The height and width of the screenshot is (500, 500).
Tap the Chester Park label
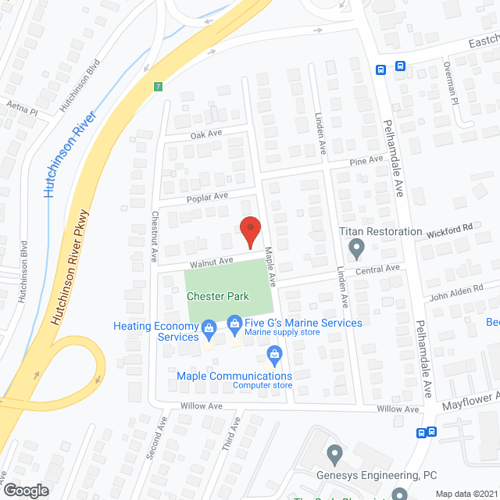(x=218, y=296)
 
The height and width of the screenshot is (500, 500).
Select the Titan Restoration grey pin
(x=357, y=248)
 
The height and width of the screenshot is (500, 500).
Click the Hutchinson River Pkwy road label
(x=71, y=258)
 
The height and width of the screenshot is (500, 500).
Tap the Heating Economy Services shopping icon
(x=209, y=327)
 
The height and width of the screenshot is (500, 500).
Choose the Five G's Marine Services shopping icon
(x=234, y=323)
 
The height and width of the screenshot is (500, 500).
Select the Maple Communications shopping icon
(x=274, y=355)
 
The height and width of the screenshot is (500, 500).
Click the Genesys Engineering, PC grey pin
(x=335, y=452)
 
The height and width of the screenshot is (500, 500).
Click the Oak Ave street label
(x=206, y=134)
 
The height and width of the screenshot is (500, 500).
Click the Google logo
(x=26, y=489)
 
